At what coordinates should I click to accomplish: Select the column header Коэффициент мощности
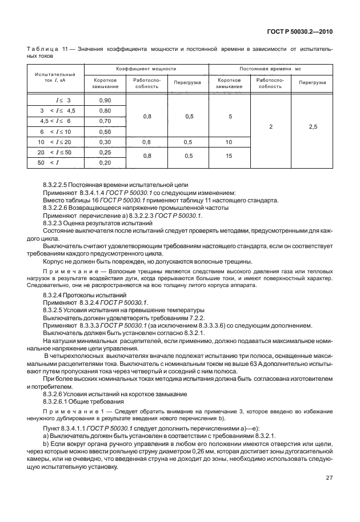[x=146, y=68]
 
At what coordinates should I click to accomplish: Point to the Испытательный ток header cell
[x=55, y=77]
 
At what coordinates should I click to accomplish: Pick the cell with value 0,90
[x=105, y=100]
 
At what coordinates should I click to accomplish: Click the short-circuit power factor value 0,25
[x=105, y=152]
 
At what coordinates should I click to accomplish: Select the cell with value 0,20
[x=105, y=162]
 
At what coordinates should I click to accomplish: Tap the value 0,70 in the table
[x=105, y=121]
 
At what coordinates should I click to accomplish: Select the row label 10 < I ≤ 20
[x=55, y=142]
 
